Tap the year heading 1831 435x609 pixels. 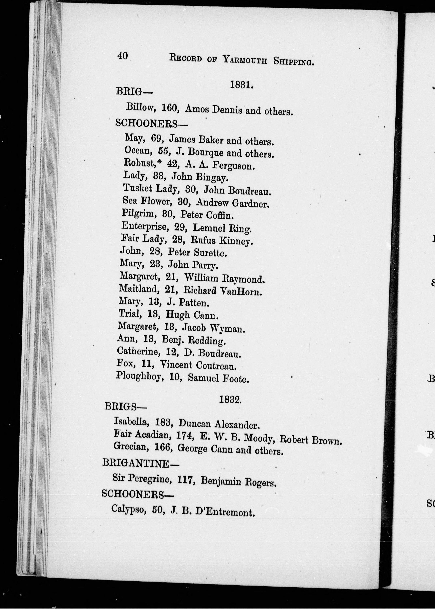point(242,85)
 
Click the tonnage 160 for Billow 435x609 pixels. point(170,108)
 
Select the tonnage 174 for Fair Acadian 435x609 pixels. point(185,435)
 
